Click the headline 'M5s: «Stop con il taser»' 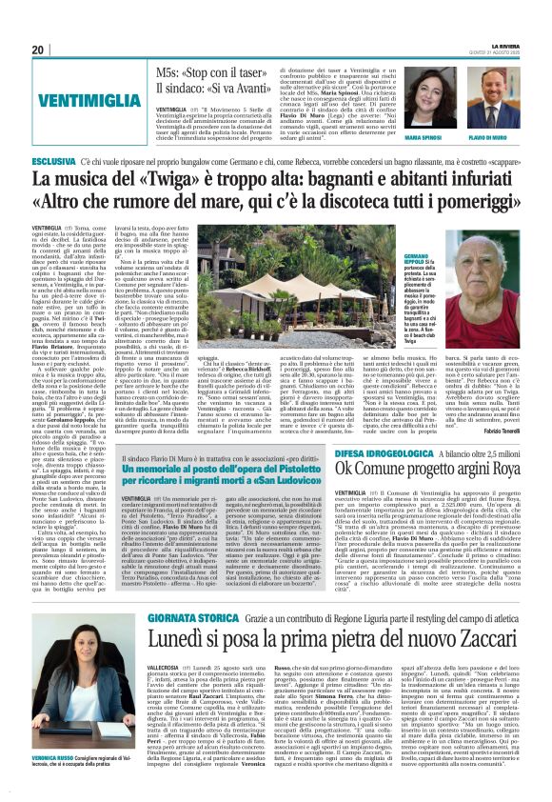[223, 75]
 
